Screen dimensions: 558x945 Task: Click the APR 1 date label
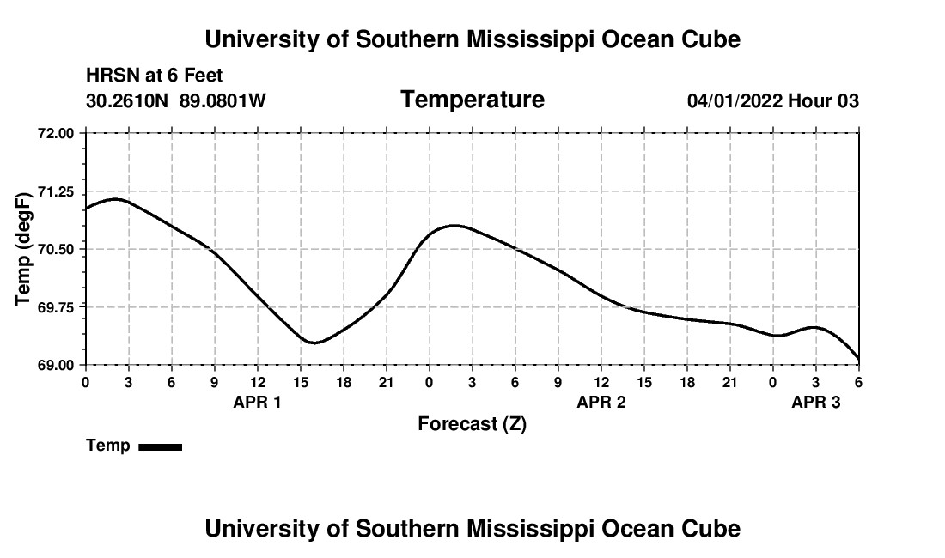[257, 402]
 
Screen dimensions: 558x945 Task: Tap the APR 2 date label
[601, 402]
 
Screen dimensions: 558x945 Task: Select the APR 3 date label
[815, 402]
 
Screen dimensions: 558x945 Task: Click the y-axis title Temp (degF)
[25, 249]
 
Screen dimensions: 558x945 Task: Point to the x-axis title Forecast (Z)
[472, 423]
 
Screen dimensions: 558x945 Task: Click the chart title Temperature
[472, 100]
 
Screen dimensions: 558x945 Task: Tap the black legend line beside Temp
[160, 446]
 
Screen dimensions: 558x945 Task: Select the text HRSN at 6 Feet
[155, 76]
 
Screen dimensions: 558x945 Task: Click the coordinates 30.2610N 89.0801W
[176, 101]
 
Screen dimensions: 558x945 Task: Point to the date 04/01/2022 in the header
[735, 101]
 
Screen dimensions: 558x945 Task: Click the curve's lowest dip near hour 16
[314, 343]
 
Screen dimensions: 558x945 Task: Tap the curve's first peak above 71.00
[115, 199]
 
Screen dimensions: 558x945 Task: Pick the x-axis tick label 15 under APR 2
[643, 382]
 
